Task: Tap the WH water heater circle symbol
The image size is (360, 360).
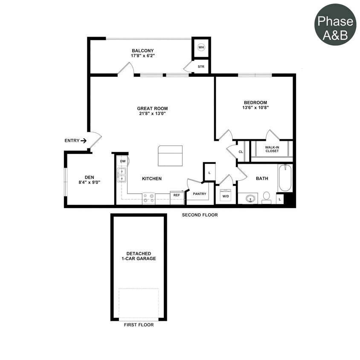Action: coord(201,47)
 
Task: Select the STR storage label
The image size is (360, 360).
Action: coord(201,67)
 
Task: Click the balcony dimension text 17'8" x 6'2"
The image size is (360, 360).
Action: coord(142,56)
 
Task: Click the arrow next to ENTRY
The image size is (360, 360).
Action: coord(83,140)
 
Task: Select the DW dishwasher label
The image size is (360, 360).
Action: coord(122,161)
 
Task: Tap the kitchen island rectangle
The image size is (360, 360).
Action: coord(170,156)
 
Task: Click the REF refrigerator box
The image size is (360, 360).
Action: coord(177,195)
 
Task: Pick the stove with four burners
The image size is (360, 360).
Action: coord(148,198)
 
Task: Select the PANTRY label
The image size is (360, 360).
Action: coord(199,194)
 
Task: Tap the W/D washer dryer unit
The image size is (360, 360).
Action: coord(226,196)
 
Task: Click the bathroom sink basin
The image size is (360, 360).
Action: coord(251,198)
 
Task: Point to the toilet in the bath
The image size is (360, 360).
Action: coord(267,197)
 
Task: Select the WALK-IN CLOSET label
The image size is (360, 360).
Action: coord(272,149)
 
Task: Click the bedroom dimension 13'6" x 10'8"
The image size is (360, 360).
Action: coord(255,108)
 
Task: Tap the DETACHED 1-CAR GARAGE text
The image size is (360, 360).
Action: coord(138,256)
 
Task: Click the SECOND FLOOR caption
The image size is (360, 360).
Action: coord(200,215)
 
